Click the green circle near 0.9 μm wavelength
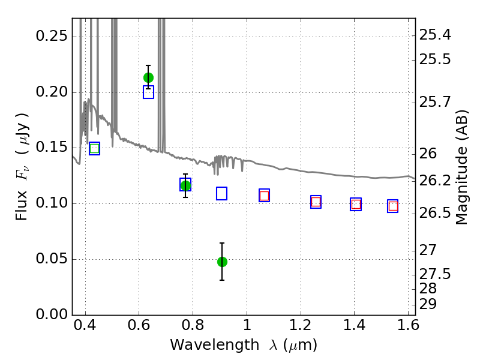coord(222,262)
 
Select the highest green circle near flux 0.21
coord(148,78)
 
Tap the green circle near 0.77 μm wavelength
coord(185,185)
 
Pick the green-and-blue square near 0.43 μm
coord(95,148)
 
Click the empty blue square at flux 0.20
coord(148,92)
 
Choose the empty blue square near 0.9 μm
coord(221,193)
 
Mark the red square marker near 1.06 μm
coord(264,196)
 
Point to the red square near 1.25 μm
coord(316,202)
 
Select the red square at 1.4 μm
coord(356,204)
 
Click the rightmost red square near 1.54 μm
coord(393,206)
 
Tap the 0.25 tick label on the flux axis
coord(52,36)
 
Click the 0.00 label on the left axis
coord(52,314)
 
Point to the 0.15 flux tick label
coord(52,147)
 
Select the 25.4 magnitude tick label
coord(434,35)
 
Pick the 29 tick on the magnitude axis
coord(428,304)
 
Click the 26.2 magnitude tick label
coord(434,181)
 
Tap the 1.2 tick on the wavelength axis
coord(301,325)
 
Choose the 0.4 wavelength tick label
coord(85,325)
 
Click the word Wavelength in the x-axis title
coord(215,345)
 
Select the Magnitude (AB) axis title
coord(462,167)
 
